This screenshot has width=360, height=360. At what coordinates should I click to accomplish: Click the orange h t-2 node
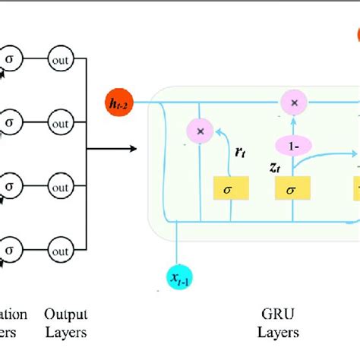tap(120, 100)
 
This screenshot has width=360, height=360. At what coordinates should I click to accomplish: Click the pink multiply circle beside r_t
tap(201, 131)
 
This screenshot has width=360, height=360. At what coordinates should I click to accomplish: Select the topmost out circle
tap(62, 58)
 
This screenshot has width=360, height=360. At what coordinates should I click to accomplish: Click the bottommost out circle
tap(62, 247)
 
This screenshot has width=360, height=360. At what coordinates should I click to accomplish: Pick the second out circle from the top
tap(62, 121)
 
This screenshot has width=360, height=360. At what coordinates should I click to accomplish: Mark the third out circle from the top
tap(62, 184)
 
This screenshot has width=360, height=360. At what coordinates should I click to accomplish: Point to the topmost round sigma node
tap(11, 58)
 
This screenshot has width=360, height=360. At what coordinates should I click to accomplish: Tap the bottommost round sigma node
tap(11, 247)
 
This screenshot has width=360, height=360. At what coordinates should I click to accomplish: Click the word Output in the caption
tap(65, 314)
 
